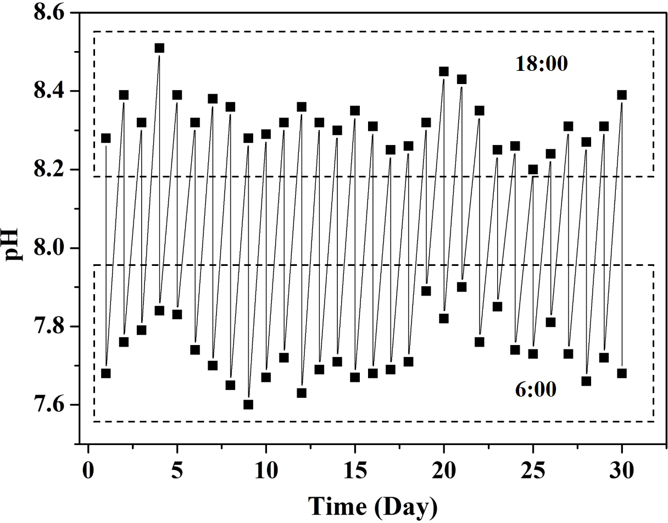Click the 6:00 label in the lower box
536,390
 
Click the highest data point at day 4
159,48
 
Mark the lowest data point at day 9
248,404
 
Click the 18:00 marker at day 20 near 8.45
444,71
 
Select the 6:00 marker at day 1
106,373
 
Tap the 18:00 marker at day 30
622,94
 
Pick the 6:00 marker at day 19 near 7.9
426,291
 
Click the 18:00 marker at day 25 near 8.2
533,169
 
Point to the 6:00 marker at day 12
302,393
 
